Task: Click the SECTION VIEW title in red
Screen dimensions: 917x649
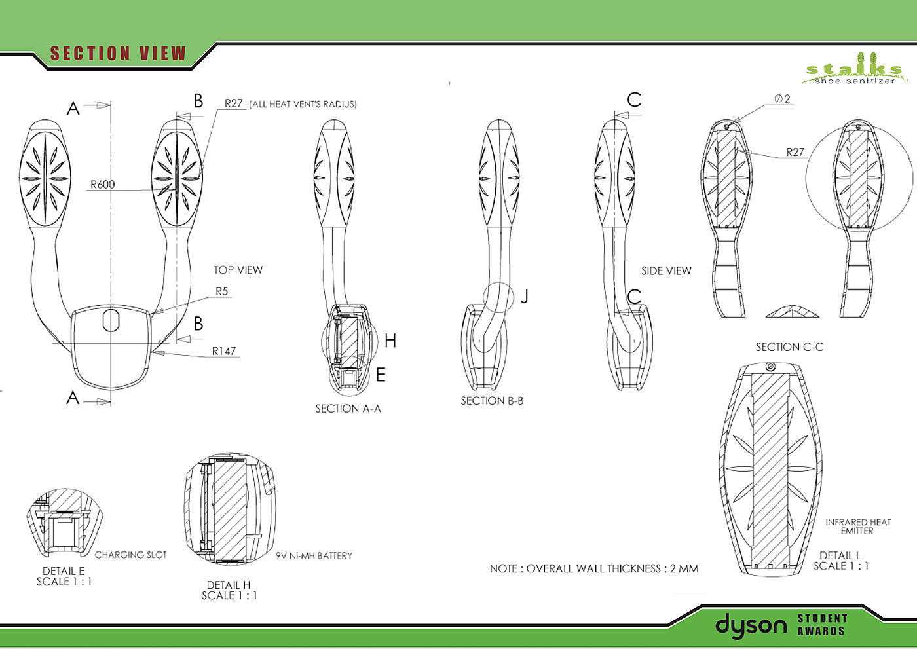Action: click(118, 54)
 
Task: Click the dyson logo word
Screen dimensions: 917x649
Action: click(751, 626)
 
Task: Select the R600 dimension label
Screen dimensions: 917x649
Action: click(102, 185)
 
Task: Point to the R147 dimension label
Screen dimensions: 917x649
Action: click(223, 351)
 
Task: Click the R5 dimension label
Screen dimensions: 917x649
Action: click(222, 291)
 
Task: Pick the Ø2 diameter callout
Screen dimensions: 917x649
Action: click(782, 99)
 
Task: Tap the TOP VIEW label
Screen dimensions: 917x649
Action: click(238, 270)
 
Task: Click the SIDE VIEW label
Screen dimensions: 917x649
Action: click(666, 270)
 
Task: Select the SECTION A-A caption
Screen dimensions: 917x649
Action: click(348, 409)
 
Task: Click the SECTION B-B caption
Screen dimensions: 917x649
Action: click(492, 401)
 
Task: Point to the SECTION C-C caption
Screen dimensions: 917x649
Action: click(789, 347)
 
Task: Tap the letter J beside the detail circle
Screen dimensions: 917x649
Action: click(525, 297)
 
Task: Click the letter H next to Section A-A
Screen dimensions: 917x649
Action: click(390, 341)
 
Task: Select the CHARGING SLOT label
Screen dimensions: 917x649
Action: click(130, 555)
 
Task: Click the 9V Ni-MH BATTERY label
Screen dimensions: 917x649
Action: click(314, 555)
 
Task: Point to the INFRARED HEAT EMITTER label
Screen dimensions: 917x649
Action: click(858, 527)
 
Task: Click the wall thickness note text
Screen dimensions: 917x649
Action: click(594, 568)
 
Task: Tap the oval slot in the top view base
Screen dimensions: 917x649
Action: click(111, 320)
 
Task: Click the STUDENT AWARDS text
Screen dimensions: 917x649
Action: click(822, 625)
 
